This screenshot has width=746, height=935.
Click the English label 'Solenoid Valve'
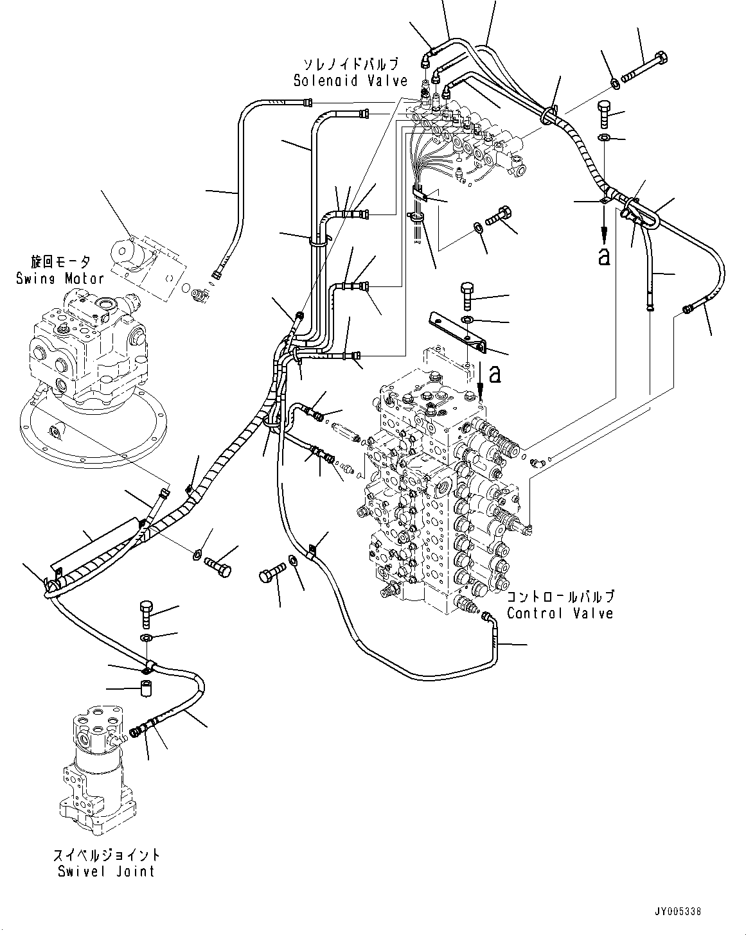pos(350,81)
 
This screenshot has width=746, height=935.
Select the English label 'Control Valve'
pos(560,613)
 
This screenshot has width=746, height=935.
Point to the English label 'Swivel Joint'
pos(106,871)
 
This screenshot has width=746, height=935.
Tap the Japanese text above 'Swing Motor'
pos(60,262)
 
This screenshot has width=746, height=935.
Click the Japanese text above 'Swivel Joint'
pos(107,855)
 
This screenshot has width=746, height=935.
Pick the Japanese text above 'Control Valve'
pos(560,597)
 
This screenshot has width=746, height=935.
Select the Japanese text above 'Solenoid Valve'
pos(351,64)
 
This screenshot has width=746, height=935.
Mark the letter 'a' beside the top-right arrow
pos(603,256)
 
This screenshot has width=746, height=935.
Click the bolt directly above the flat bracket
pos(467,296)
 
